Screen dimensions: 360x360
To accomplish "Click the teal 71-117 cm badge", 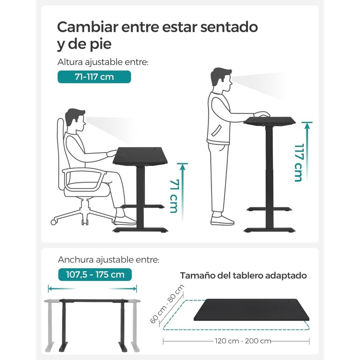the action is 94,76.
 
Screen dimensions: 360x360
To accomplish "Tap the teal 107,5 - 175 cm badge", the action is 95,274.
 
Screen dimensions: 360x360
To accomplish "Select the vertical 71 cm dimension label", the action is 174,196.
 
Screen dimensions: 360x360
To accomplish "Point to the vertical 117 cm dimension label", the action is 298,162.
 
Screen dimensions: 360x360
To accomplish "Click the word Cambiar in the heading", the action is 87,27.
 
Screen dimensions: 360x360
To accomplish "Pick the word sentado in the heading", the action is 229,27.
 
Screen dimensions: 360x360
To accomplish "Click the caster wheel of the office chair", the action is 54,222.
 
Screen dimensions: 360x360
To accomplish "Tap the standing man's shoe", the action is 222,220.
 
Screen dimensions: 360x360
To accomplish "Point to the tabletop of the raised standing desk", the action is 269,121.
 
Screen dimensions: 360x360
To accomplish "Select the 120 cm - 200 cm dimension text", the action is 243,341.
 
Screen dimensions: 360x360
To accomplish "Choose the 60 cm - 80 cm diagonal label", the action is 166,304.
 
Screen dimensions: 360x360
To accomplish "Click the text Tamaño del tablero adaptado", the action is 243,275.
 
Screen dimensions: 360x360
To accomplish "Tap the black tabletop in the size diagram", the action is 252,310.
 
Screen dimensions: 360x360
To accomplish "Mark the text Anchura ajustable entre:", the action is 108,260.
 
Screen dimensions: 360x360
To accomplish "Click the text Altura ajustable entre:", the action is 103,62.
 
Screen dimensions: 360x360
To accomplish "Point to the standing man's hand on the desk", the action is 262,114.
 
